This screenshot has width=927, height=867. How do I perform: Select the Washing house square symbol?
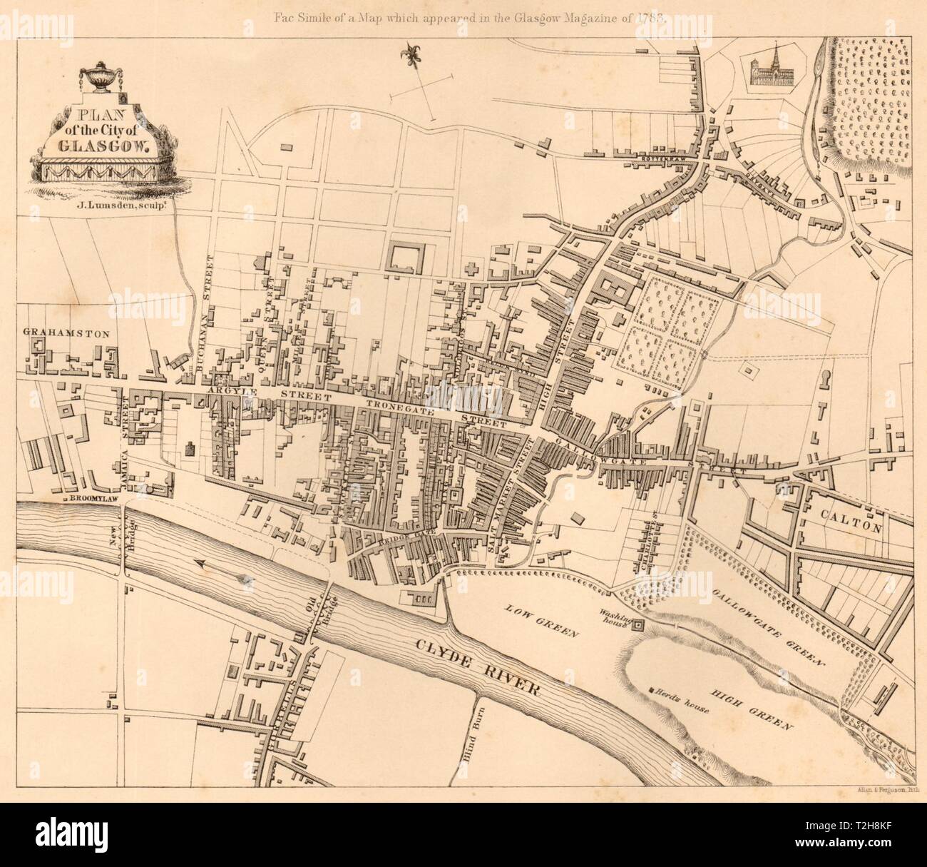(x=639, y=626)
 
